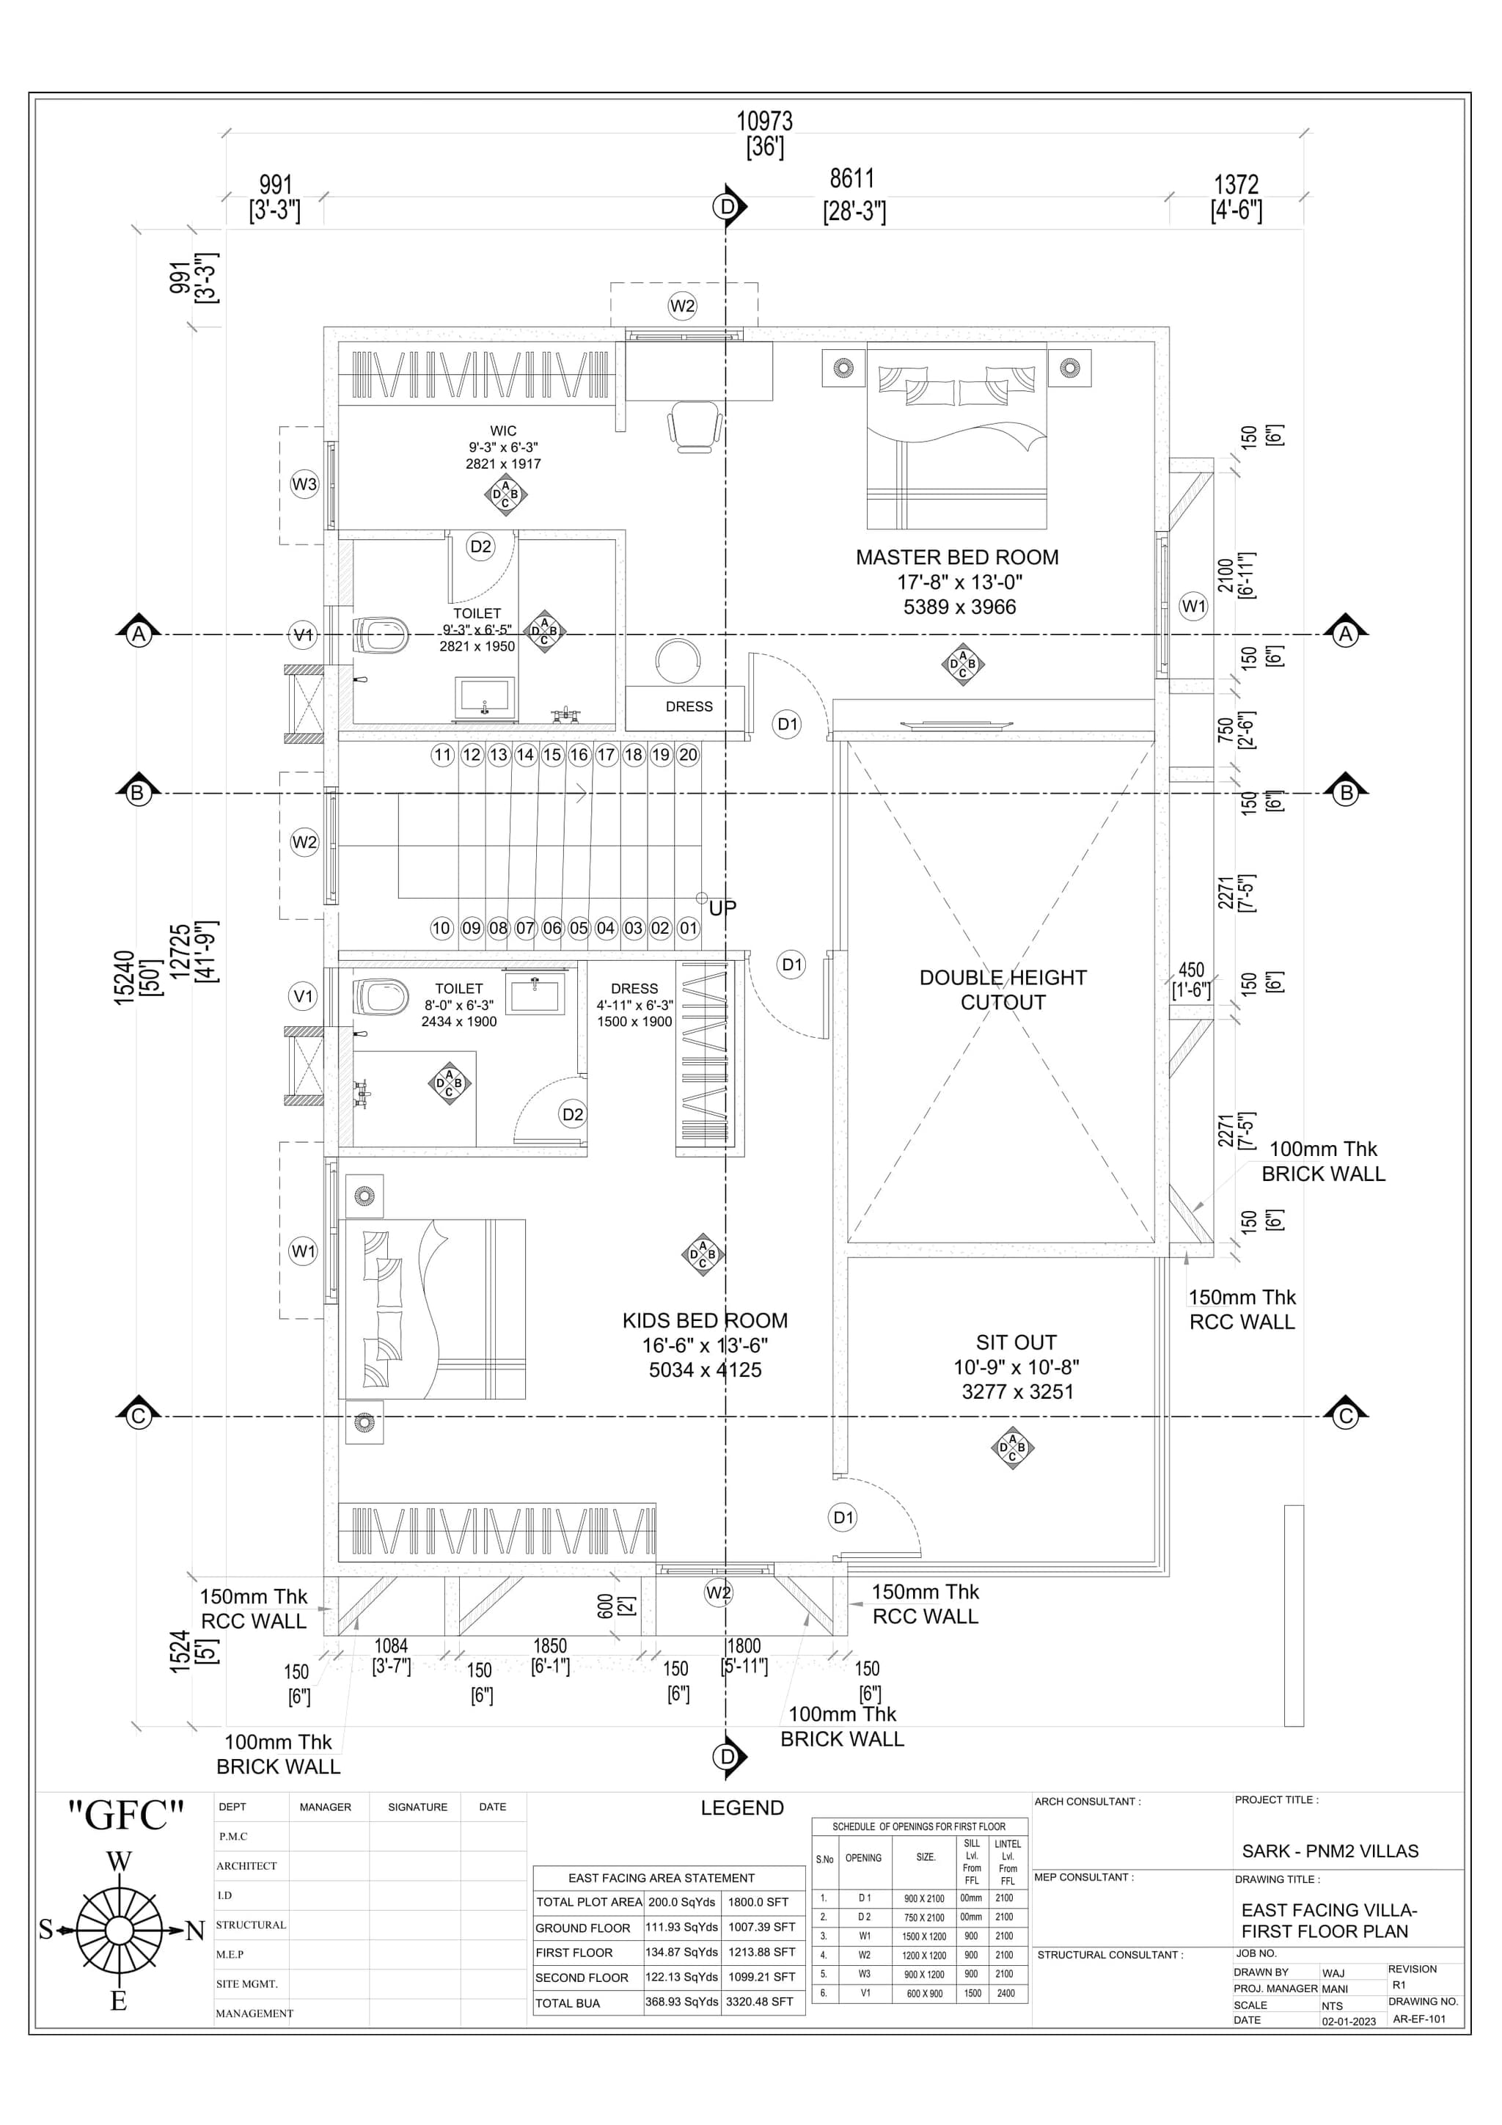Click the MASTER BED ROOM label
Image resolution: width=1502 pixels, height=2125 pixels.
(957, 557)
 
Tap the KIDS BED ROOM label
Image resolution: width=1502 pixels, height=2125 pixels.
(706, 1321)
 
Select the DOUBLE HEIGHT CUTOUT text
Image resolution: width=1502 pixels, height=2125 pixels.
(1003, 990)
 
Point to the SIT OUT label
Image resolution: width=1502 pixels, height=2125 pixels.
(1016, 1342)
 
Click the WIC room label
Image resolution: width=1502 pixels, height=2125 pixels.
(503, 431)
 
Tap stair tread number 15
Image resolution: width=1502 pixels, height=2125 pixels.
(552, 754)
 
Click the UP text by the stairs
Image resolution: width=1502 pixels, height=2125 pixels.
(723, 908)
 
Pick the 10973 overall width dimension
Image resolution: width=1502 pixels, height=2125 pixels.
(764, 121)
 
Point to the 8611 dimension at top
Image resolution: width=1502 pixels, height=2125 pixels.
(851, 179)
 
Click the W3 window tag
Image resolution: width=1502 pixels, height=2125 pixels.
(304, 484)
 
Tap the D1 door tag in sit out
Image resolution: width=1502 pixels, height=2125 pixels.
(843, 1517)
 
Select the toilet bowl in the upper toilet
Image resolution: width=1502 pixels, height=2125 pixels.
(381, 635)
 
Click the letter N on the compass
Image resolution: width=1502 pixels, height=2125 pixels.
(194, 1931)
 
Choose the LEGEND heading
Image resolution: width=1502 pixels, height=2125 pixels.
(742, 1807)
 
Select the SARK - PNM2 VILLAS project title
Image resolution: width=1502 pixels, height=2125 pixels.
(1330, 1851)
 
